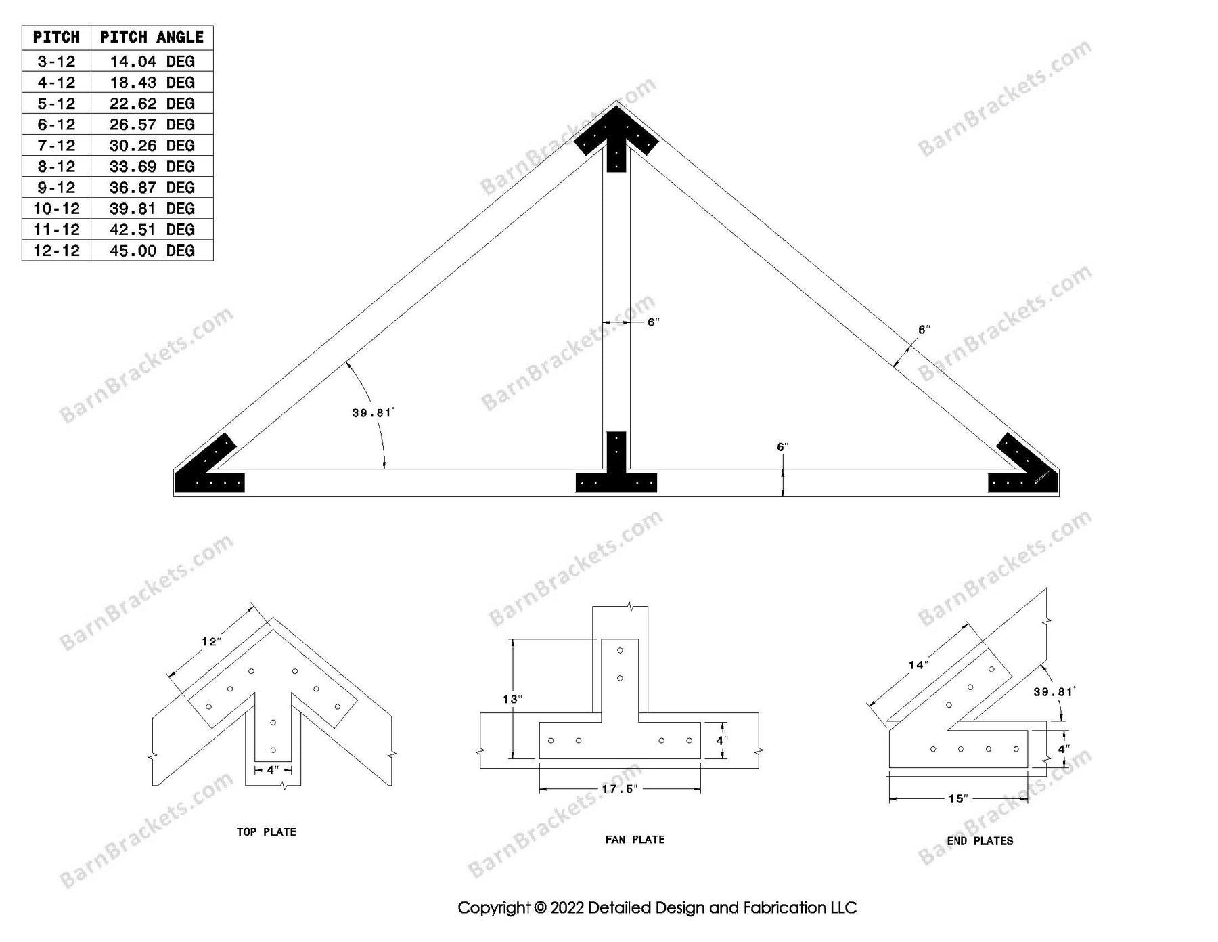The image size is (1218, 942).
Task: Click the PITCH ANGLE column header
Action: point(152,37)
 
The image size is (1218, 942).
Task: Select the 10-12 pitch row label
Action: point(56,209)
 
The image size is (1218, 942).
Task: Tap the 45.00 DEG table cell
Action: point(152,251)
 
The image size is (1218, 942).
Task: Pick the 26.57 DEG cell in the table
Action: point(152,125)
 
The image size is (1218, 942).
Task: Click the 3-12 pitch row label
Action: point(56,62)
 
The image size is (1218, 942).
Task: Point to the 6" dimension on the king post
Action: point(653,322)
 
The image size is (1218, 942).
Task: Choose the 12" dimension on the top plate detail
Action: point(211,641)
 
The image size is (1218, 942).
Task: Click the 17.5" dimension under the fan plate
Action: point(619,790)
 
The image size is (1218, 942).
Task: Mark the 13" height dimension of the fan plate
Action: point(512,699)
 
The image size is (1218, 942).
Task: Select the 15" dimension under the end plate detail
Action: point(957,799)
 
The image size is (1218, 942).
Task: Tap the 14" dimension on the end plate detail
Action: point(917,665)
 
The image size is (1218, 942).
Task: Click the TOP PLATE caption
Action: point(266,832)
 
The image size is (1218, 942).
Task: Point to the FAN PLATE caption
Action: point(635,840)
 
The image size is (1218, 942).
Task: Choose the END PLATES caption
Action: point(980,841)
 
